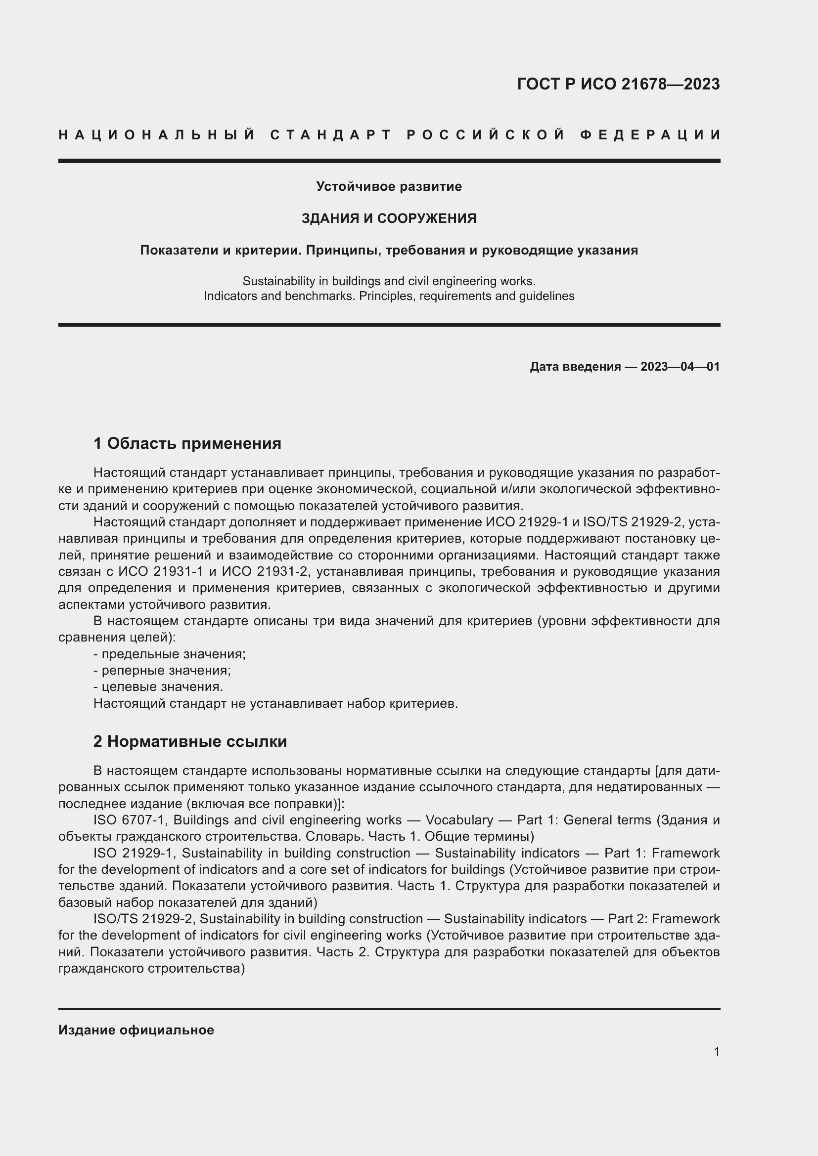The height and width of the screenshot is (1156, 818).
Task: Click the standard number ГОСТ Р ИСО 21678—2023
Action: (x=618, y=84)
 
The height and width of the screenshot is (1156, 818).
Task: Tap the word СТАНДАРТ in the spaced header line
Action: (x=331, y=135)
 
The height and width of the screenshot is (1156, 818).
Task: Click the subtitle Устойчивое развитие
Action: (x=389, y=186)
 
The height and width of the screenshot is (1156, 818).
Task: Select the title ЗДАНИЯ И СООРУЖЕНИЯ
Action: (x=389, y=218)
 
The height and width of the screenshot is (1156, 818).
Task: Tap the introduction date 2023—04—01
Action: (x=680, y=367)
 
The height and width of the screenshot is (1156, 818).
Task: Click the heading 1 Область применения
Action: (x=187, y=443)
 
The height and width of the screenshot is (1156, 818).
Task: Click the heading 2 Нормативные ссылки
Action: (x=190, y=742)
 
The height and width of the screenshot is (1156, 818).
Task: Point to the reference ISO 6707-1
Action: (x=129, y=820)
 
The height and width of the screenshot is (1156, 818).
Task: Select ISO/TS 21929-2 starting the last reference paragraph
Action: (x=143, y=919)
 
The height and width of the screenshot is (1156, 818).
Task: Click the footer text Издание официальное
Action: (x=136, y=1030)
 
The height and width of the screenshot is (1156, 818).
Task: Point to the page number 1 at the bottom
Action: (x=716, y=1052)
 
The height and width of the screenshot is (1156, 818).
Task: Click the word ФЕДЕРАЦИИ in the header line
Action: (x=650, y=135)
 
